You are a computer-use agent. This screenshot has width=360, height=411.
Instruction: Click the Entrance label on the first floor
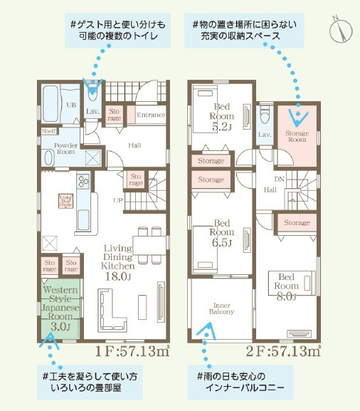point(150,115)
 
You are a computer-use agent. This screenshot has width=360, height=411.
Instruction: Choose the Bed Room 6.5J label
point(223,232)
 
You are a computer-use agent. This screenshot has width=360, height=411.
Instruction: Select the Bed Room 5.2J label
point(223,118)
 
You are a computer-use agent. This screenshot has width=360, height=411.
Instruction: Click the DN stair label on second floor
point(280,180)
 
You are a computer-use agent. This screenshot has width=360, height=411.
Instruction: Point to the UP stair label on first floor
point(119,201)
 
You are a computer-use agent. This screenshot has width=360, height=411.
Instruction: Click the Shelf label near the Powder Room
point(48,131)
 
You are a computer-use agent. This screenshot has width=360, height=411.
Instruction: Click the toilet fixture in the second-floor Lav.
point(265,113)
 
